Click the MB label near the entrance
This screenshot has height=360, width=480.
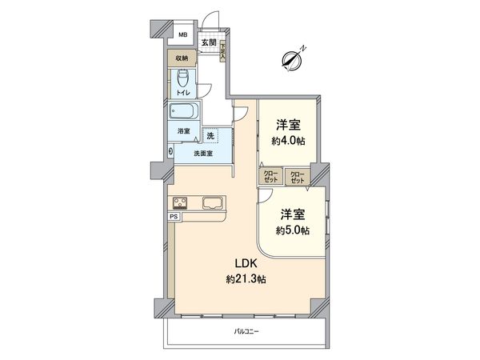pyautogui.click(x=182, y=35)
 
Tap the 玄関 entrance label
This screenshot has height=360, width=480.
pyautogui.click(x=208, y=42)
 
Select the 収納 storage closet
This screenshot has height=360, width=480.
pyautogui.click(x=182, y=58)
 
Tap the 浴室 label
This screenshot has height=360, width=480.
pyautogui.click(x=183, y=130)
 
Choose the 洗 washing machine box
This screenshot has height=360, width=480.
pyautogui.click(x=210, y=136)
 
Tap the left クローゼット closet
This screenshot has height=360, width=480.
pyautogui.click(x=270, y=176)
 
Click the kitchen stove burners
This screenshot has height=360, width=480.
pyautogui.click(x=180, y=202)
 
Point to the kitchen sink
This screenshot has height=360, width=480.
pyautogui.click(x=213, y=202)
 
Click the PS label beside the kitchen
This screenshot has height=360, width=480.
pyautogui.click(x=174, y=216)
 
